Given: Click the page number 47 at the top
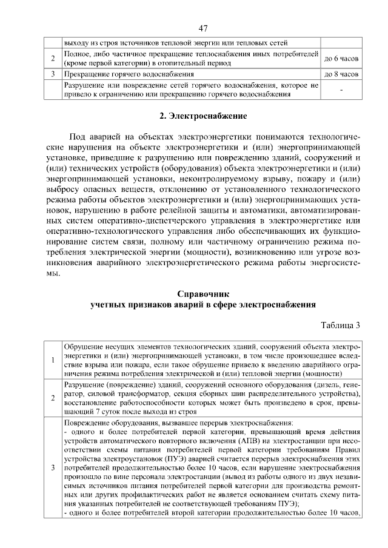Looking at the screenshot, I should [x=203, y=28].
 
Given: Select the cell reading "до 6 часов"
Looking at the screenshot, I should [x=341, y=59].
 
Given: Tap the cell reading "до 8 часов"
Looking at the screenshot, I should [x=341, y=74].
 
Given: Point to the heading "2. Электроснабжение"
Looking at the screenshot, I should [x=203, y=115].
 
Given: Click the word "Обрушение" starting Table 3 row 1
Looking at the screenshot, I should [x=82, y=346].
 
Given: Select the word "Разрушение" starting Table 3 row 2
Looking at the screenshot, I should [x=83, y=385].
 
